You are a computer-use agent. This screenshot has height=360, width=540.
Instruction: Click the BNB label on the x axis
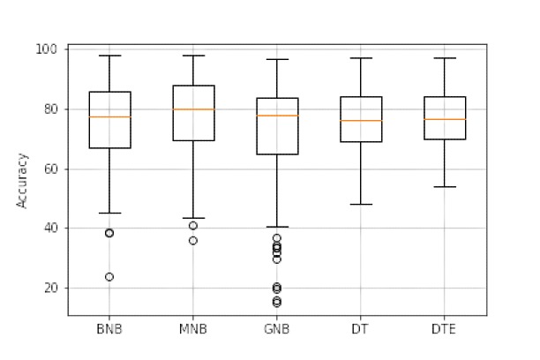[109, 329]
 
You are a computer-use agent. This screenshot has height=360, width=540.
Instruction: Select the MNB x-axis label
[193, 329]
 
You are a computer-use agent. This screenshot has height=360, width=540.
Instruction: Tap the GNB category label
[276, 329]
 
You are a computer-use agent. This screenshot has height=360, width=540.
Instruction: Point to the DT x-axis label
[360, 329]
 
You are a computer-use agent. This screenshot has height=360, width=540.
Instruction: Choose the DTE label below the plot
[444, 329]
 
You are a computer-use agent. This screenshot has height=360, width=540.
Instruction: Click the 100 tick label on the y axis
[46, 49]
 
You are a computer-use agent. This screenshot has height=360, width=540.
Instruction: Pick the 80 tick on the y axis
[50, 109]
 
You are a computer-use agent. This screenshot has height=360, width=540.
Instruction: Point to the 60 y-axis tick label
[50, 169]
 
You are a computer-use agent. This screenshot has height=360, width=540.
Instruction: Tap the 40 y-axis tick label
[50, 228]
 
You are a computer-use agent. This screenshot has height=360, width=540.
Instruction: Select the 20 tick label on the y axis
[50, 288]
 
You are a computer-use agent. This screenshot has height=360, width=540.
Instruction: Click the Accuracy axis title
[22, 181]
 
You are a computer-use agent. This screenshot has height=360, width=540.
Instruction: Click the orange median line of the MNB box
[193, 109]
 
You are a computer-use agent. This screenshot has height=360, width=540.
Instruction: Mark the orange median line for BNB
[110, 117]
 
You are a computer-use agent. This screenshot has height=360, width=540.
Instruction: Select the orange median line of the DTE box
[445, 119]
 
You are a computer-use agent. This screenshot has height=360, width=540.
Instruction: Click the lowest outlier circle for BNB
[109, 277]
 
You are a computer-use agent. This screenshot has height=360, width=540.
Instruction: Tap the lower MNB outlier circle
[193, 241]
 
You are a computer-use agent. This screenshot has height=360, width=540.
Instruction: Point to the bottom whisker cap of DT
[361, 205]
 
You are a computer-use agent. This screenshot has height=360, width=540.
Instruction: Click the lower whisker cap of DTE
[445, 187]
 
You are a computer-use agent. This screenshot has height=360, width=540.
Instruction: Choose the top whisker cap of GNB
[277, 59]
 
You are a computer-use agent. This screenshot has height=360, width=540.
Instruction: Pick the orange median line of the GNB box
[277, 116]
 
